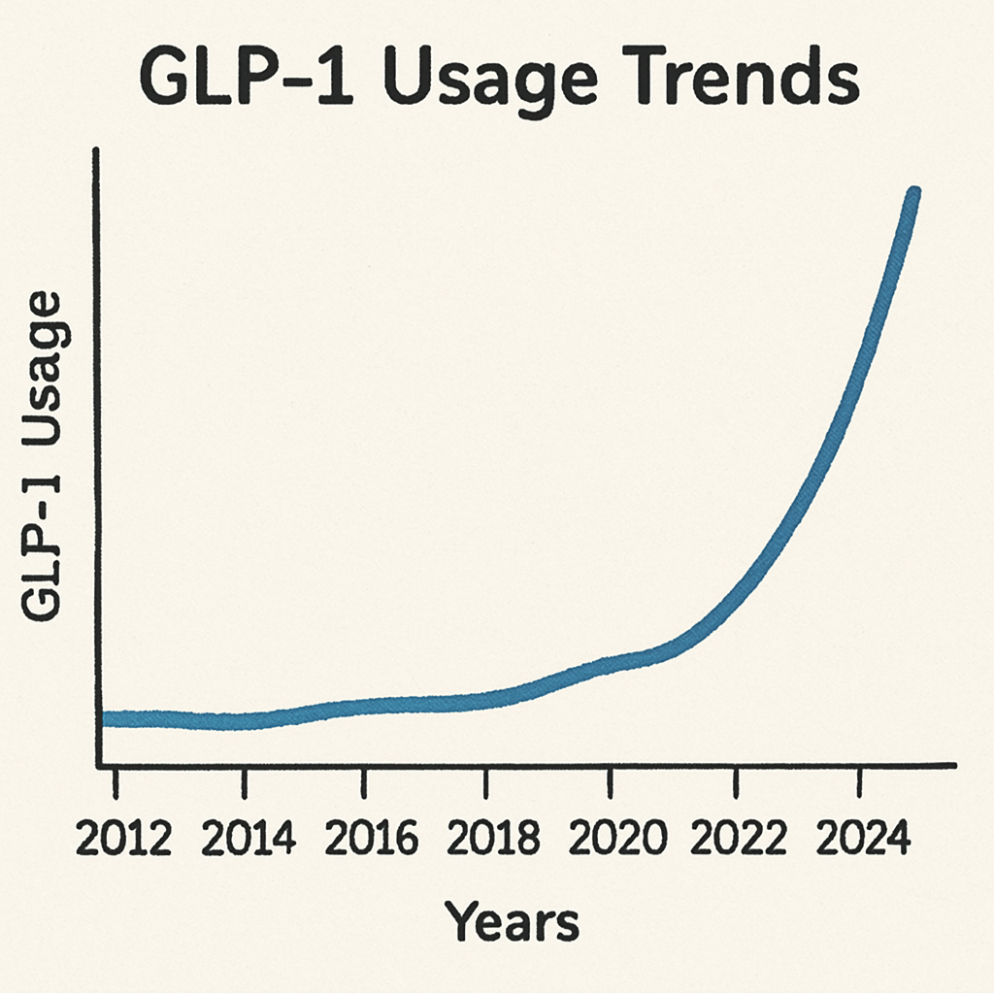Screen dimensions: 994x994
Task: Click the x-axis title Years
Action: point(512,922)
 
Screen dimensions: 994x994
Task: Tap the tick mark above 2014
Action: point(246,779)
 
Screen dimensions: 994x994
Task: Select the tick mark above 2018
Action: point(486,779)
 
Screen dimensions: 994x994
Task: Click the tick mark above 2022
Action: point(737,779)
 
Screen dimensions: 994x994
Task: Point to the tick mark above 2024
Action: point(858,779)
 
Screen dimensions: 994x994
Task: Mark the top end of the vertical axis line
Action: point(96,150)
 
